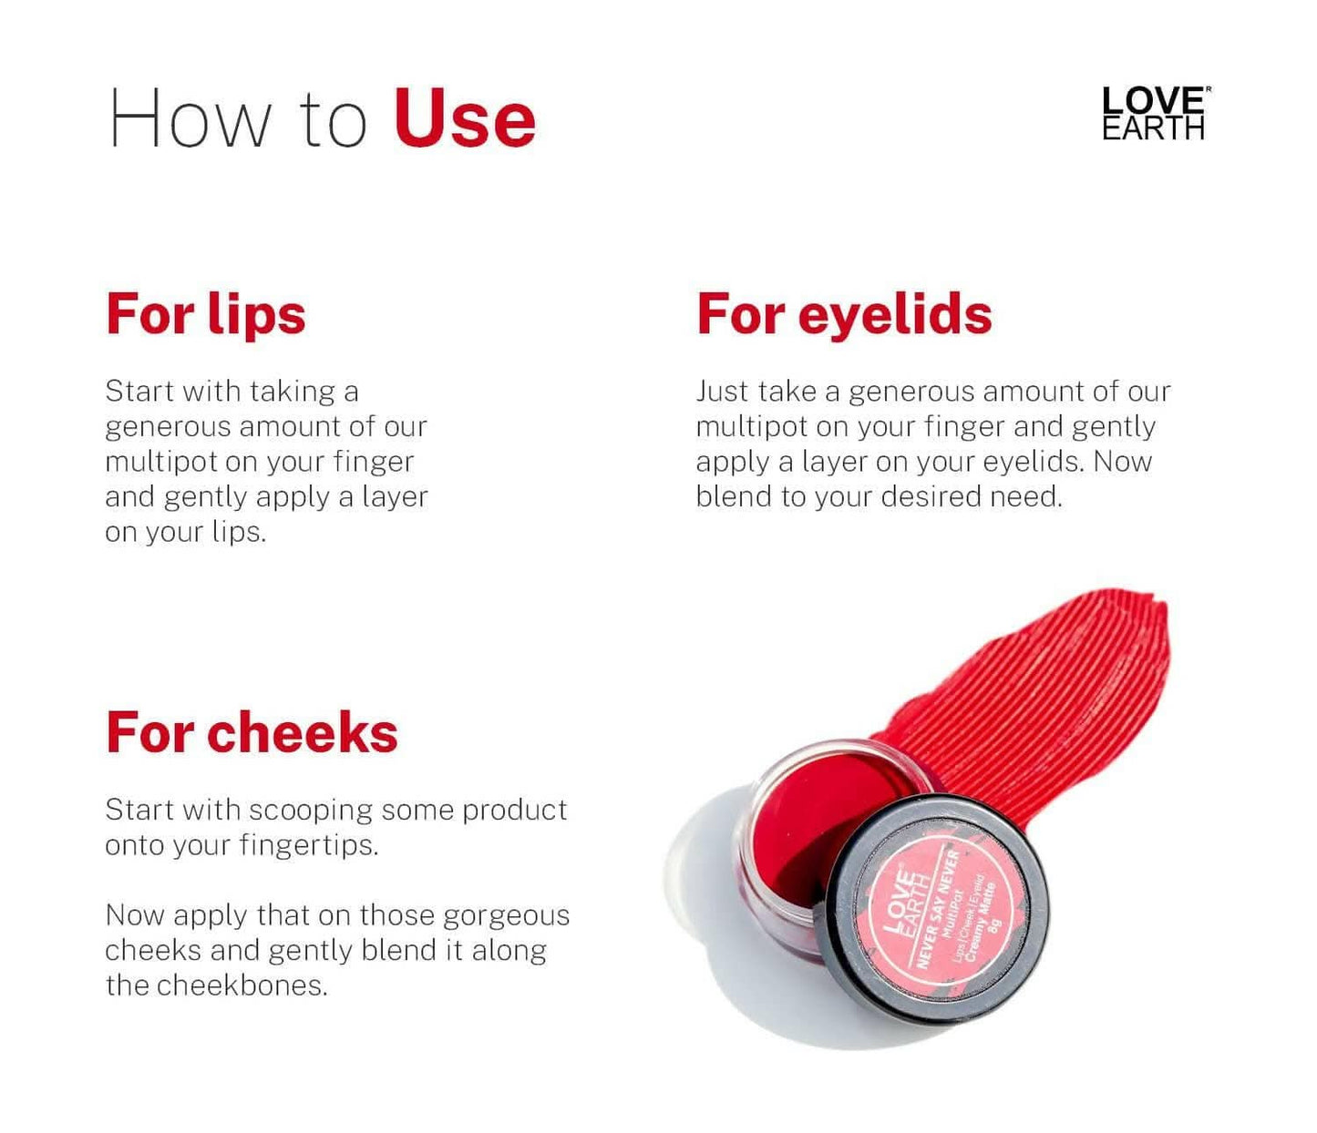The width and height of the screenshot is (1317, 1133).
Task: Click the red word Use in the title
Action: (x=465, y=119)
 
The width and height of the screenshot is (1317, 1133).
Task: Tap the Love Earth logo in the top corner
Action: (x=1155, y=114)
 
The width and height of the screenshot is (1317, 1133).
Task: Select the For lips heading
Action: (x=206, y=314)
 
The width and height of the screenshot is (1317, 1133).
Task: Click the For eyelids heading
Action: (x=844, y=314)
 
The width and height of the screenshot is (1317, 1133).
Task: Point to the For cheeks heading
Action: (x=252, y=733)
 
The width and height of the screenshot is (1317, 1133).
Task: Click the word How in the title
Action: (x=190, y=119)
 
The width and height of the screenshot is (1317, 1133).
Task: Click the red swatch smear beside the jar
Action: (x=1048, y=692)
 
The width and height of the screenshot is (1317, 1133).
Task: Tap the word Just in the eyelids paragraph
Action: (x=723, y=392)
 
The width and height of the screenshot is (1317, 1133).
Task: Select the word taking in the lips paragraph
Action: (x=292, y=392)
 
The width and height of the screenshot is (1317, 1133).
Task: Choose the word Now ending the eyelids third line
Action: (x=1122, y=461)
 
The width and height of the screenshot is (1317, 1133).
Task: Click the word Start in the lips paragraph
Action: (x=139, y=391)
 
